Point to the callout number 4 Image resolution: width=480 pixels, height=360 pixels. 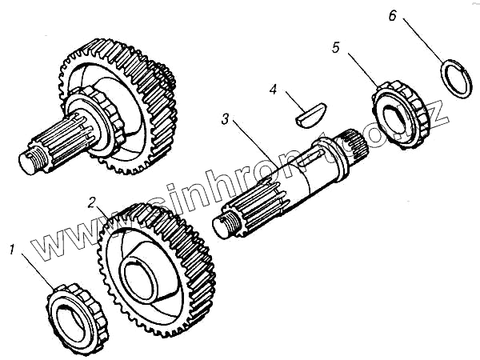[274, 90]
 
